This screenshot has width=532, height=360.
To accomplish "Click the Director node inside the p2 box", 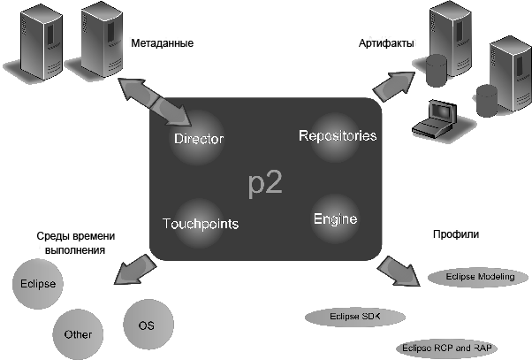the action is pyautogui.click(x=199, y=138).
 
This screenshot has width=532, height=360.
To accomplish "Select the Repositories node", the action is pyautogui.click(x=336, y=136).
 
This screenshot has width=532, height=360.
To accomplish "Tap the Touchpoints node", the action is pyautogui.click(x=201, y=223).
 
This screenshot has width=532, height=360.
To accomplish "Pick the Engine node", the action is pyautogui.click(x=335, y=218).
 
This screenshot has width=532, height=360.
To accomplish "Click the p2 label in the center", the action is pyautogui.click(x=265, y=184).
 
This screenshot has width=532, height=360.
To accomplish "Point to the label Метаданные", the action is pyautogui.click(x=163, y=43).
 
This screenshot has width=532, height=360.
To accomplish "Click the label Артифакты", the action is pyautogui.click(x=386, y=43).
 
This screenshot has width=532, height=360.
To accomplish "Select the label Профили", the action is pyautogui.click(x=456, y=234).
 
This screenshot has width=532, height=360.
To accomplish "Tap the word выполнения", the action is pyautogui.click(x=75, y=250).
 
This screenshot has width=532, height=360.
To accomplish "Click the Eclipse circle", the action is pyautogui.click(x=38, y=284).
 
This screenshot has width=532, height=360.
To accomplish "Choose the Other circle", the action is pyautogui.click(x=78, y=334).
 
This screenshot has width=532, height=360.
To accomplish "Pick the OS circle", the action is pyautogui.click(x=148, y=325).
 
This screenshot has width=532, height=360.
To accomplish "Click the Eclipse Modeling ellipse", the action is pyautogui.click(x=478, y=277).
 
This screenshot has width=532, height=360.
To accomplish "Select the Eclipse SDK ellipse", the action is pyautogui.click(x=355, y=317).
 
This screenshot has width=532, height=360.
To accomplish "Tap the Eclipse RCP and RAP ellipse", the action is pyautogui.click(x=447, y=349).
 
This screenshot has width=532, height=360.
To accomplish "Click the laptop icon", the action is pyautogui.click(x=435, y=120).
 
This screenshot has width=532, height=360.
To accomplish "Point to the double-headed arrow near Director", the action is pyautogui.click(x=155, y=101).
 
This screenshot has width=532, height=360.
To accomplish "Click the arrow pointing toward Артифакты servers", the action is pyautogui.click(x=394, y=86).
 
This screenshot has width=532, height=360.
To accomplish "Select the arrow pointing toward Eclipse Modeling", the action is pyautogui.click(x=399, y=272).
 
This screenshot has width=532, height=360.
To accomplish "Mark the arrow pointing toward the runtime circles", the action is pyautogui.click(x=135, y=269).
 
